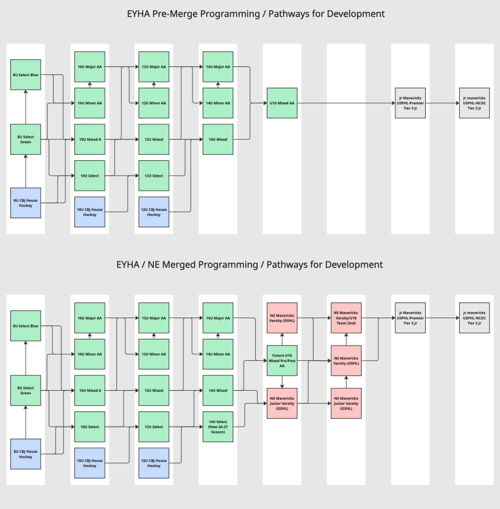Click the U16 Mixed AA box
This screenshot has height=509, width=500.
point(282,103)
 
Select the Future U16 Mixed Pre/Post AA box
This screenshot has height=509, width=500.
point(282,361)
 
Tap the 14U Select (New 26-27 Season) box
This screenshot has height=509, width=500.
point(217,427)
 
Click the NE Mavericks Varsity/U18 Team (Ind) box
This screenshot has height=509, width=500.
point(346,318)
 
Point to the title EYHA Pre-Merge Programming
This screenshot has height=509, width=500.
point(250,13)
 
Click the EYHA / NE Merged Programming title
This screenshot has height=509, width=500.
point(250,265)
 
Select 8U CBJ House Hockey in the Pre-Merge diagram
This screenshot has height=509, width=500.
point(26,203)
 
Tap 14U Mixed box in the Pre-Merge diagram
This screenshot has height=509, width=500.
point(217,140)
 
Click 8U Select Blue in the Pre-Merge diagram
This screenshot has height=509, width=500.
point(26,74)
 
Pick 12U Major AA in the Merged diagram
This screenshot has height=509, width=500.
point(153,318)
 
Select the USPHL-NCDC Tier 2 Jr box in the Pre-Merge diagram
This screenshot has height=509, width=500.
point(474,103)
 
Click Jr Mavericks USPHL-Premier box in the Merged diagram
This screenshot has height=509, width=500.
point(410,318)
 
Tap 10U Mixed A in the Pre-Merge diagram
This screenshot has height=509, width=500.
point(90,140)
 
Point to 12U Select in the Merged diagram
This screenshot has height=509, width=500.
point(153,427)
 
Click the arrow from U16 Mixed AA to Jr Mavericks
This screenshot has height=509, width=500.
point(347,103)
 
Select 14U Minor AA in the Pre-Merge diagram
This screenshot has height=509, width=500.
point(217,103)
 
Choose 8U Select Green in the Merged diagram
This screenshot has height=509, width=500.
point(26,390)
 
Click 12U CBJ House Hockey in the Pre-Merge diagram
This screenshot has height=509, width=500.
point(153,212)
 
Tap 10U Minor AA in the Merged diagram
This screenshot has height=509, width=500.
point(90,354)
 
